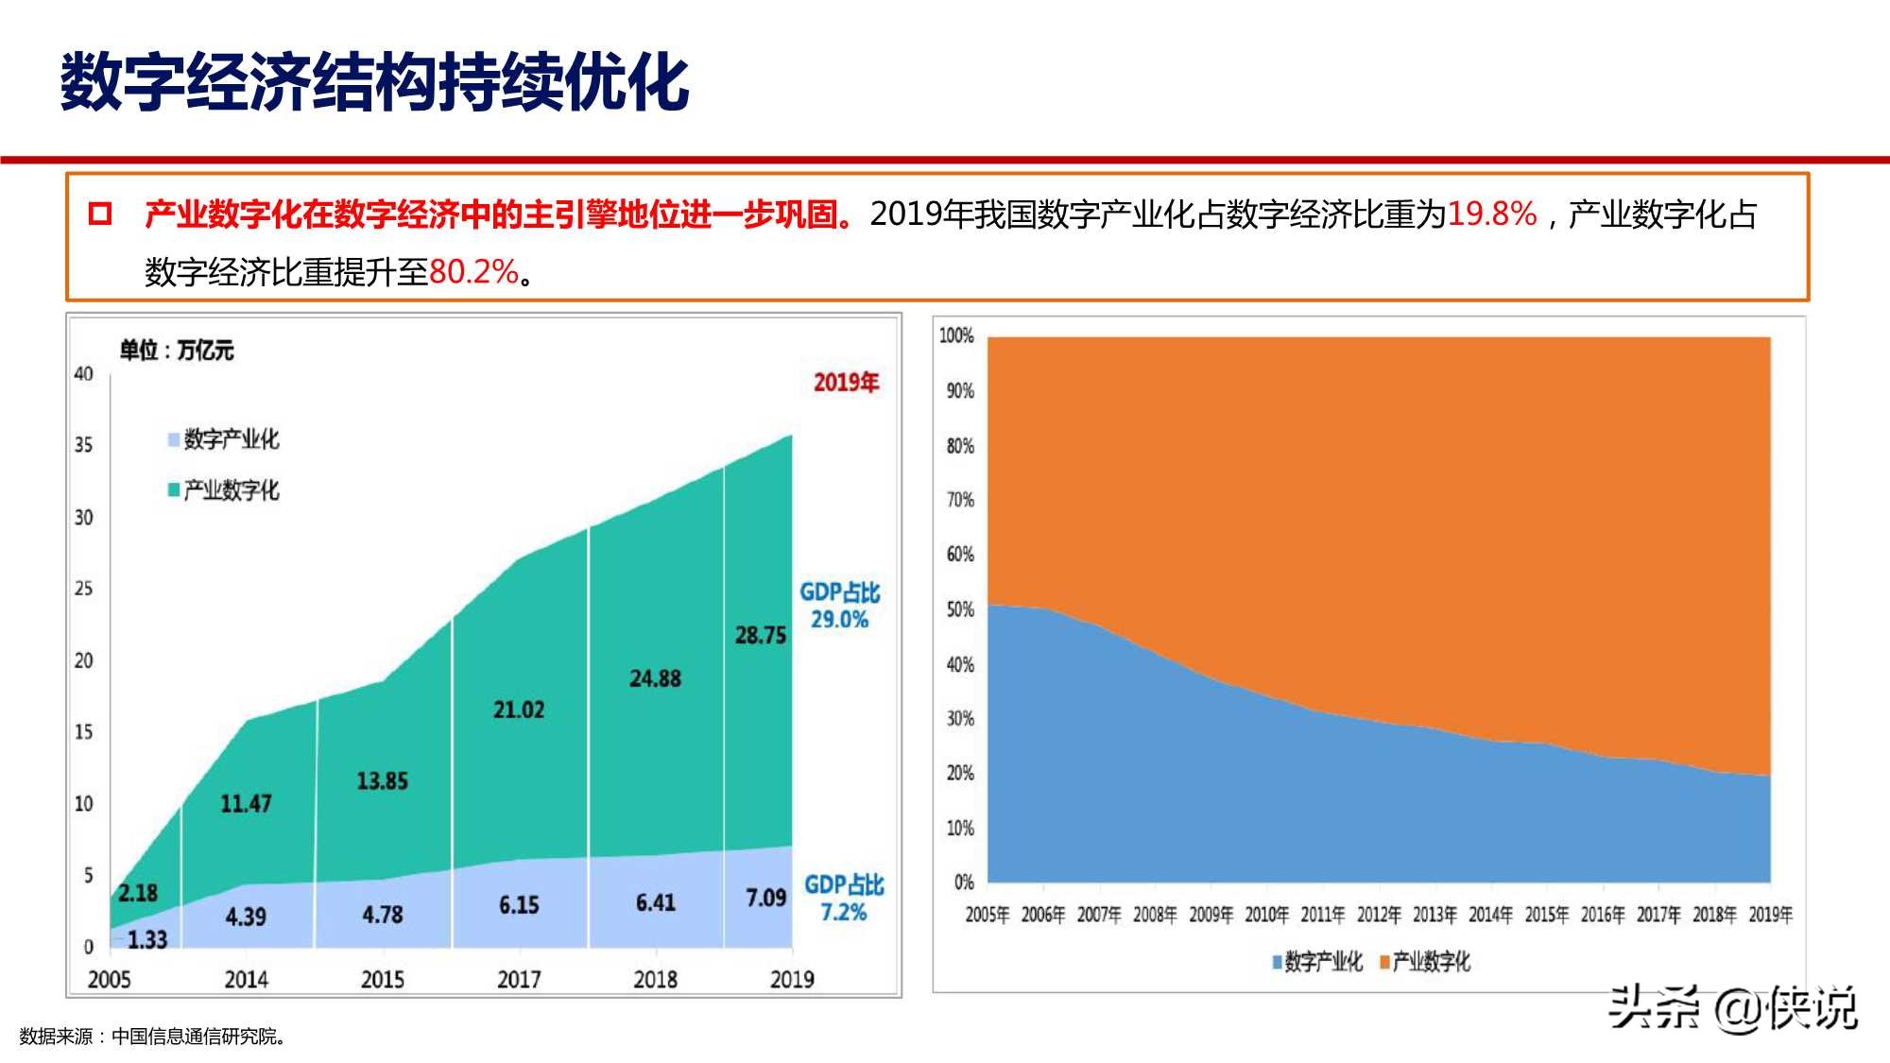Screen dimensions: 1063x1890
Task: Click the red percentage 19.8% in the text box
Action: point(1491,214)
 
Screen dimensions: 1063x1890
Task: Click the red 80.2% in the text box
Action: point(473,272)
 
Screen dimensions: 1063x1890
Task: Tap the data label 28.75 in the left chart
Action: point(760,636)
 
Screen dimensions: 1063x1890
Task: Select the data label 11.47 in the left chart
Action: point(246,804)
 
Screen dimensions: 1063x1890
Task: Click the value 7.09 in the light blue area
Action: point(765,898)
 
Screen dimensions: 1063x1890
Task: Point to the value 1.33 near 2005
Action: point(146,940)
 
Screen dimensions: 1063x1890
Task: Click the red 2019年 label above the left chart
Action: point(846,383)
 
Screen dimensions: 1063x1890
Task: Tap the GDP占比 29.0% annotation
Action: point(839,606)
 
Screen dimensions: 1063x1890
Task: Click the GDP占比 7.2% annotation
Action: point(843,899)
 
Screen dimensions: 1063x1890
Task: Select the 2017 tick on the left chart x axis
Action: point(518,980)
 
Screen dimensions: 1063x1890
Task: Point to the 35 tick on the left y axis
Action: point(84,445)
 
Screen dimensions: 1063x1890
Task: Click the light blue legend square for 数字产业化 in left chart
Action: point(174,439)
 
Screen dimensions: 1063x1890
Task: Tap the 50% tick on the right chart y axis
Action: point(960,609)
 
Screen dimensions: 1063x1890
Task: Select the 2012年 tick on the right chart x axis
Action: point(1378,915)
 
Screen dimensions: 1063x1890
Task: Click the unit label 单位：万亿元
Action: point(176,351)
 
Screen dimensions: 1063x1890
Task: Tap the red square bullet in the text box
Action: point(99,214)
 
